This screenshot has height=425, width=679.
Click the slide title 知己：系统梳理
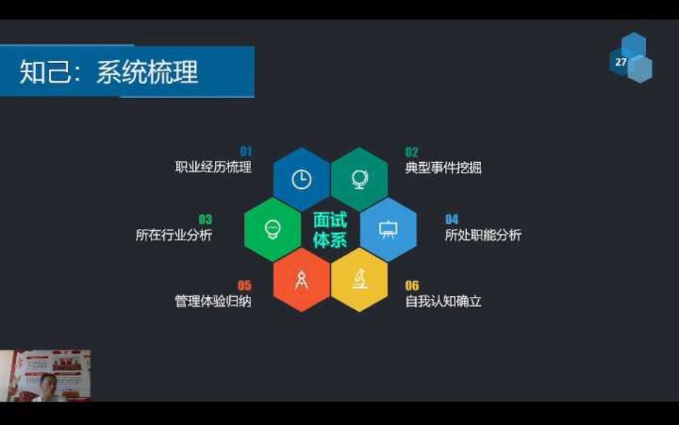tap(109, 72)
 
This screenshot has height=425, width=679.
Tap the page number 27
tap(620, 62)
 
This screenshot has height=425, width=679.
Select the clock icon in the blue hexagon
tap(301, 179)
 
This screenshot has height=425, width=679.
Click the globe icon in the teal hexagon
tap(359, 179)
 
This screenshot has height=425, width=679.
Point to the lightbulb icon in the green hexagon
tap(272, 229)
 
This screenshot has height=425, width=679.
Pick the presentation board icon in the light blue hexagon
tap(388, 229)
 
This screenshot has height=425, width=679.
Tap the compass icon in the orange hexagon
tap(301, 280)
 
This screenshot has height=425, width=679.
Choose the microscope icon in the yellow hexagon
tap(359, 278)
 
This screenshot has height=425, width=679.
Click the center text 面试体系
tap(330, 229)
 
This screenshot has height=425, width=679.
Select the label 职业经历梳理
tap(213, 167)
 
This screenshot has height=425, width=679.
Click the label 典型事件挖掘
tap(443, 167)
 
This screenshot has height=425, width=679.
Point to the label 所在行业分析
tap(174, 234)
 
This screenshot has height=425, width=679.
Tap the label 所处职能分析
tap(483, 234)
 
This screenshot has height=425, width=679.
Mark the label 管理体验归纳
tap(213, 301)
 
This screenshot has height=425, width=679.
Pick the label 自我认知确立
tap(443, 301)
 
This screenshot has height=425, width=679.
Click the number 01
tap(246, 151)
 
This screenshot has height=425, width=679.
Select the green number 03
tap(205, 219)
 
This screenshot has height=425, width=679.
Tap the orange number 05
tap(244, 285)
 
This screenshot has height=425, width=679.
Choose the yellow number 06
tap(412, 285)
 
